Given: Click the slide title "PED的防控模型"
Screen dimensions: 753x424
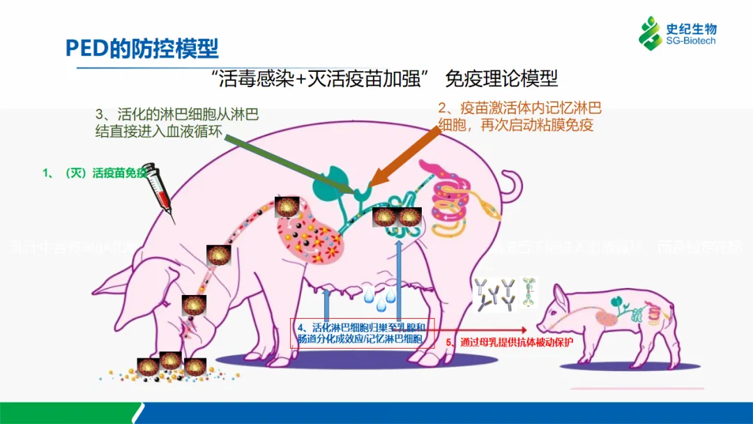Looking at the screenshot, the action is (x=142, y=47).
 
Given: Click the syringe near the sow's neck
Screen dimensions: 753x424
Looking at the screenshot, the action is (x=160, y=188).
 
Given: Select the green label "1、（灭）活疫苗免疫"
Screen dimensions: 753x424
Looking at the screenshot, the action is (x=95, y=173).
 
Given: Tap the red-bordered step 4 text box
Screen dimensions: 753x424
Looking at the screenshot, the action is (x=363, y=333).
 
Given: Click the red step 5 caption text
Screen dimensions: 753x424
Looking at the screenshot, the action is (x=510, y=342).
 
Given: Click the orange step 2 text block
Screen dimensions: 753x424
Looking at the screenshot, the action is (x=519, y=116).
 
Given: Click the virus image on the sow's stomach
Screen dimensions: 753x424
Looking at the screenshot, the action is (x=287, y=207).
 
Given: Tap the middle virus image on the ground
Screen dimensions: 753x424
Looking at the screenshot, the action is (x=171, y=361).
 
